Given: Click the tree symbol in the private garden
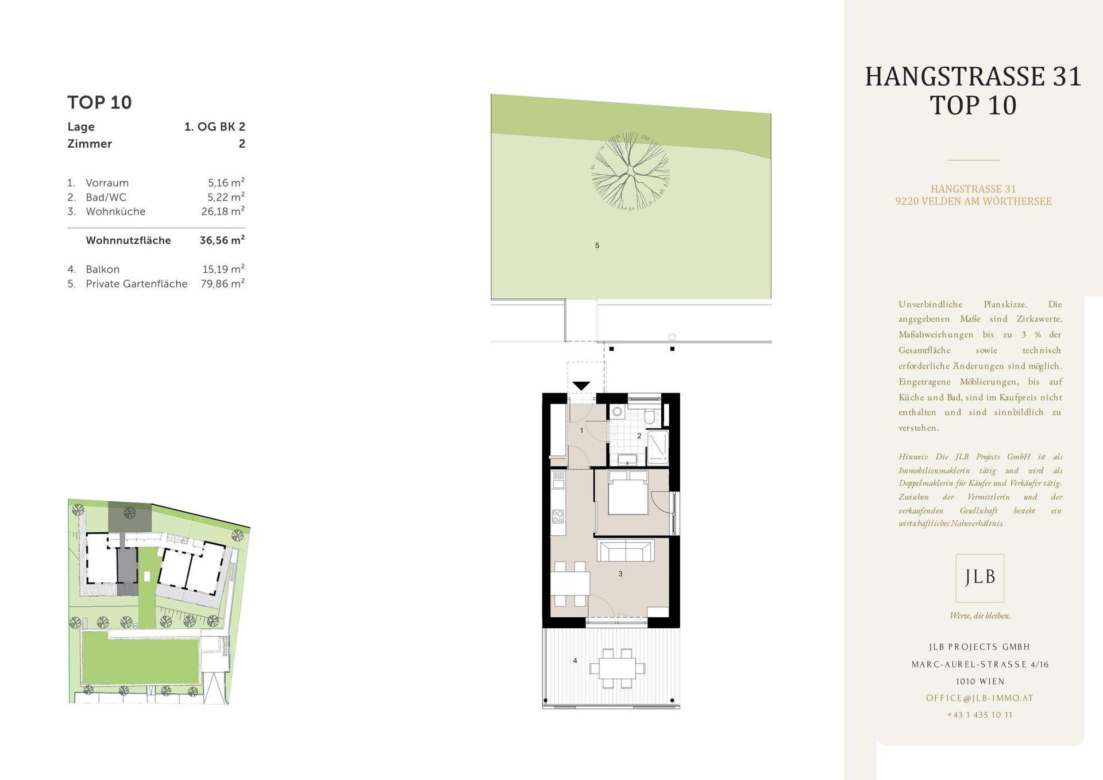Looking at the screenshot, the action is [x=631, y=171].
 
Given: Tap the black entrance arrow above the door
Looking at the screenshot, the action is [x=581, y=386].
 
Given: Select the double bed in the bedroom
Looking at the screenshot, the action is [x=628, y=492].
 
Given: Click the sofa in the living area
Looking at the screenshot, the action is [x=625, y=550].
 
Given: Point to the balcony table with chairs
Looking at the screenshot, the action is [x=618, y=668].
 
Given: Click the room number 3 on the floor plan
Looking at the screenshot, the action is [x=620, y=574].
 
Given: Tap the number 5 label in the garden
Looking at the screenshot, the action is [x=597, y=245].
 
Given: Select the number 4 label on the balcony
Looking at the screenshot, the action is [x=575, y=660].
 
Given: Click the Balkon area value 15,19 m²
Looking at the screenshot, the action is [x=223, y=268].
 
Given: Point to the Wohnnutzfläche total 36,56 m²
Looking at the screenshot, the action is [x=222, y=240].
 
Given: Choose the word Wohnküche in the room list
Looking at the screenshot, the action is [x=115, y=212].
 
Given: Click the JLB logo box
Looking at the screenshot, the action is [x=980, y=578].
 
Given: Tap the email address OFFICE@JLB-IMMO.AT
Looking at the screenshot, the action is [x=979, y=698].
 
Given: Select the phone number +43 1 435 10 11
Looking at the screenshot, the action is [x=979, y=715].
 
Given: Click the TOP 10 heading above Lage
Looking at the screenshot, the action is [x=99, y=102].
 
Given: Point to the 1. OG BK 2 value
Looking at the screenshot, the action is [x=215, y=126].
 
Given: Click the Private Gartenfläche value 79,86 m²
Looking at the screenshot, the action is [x=223, y=283].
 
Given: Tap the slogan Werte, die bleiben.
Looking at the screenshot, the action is [x=980, y=616].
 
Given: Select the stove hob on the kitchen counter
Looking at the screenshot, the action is [x=558, y=516].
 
